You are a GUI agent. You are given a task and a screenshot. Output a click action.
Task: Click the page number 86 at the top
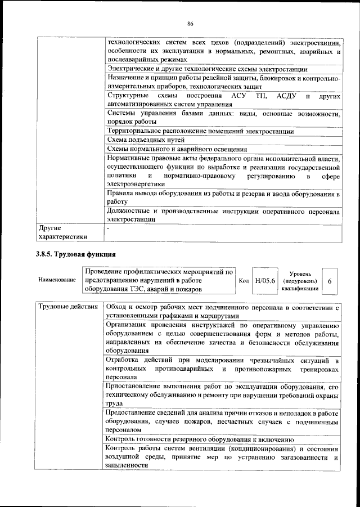click(190, 23)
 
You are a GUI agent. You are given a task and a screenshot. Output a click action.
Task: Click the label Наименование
click(57, 280)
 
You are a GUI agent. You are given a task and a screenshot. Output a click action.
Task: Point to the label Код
click(244, 280)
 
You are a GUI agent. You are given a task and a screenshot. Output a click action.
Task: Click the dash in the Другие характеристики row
click(108, 228)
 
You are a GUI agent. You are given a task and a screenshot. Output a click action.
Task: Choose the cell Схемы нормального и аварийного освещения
click(177, 149)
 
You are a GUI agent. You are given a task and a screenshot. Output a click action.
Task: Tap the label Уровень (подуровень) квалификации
click(300, 280)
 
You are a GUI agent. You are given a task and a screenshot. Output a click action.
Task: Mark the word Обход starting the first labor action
click(118, 307)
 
